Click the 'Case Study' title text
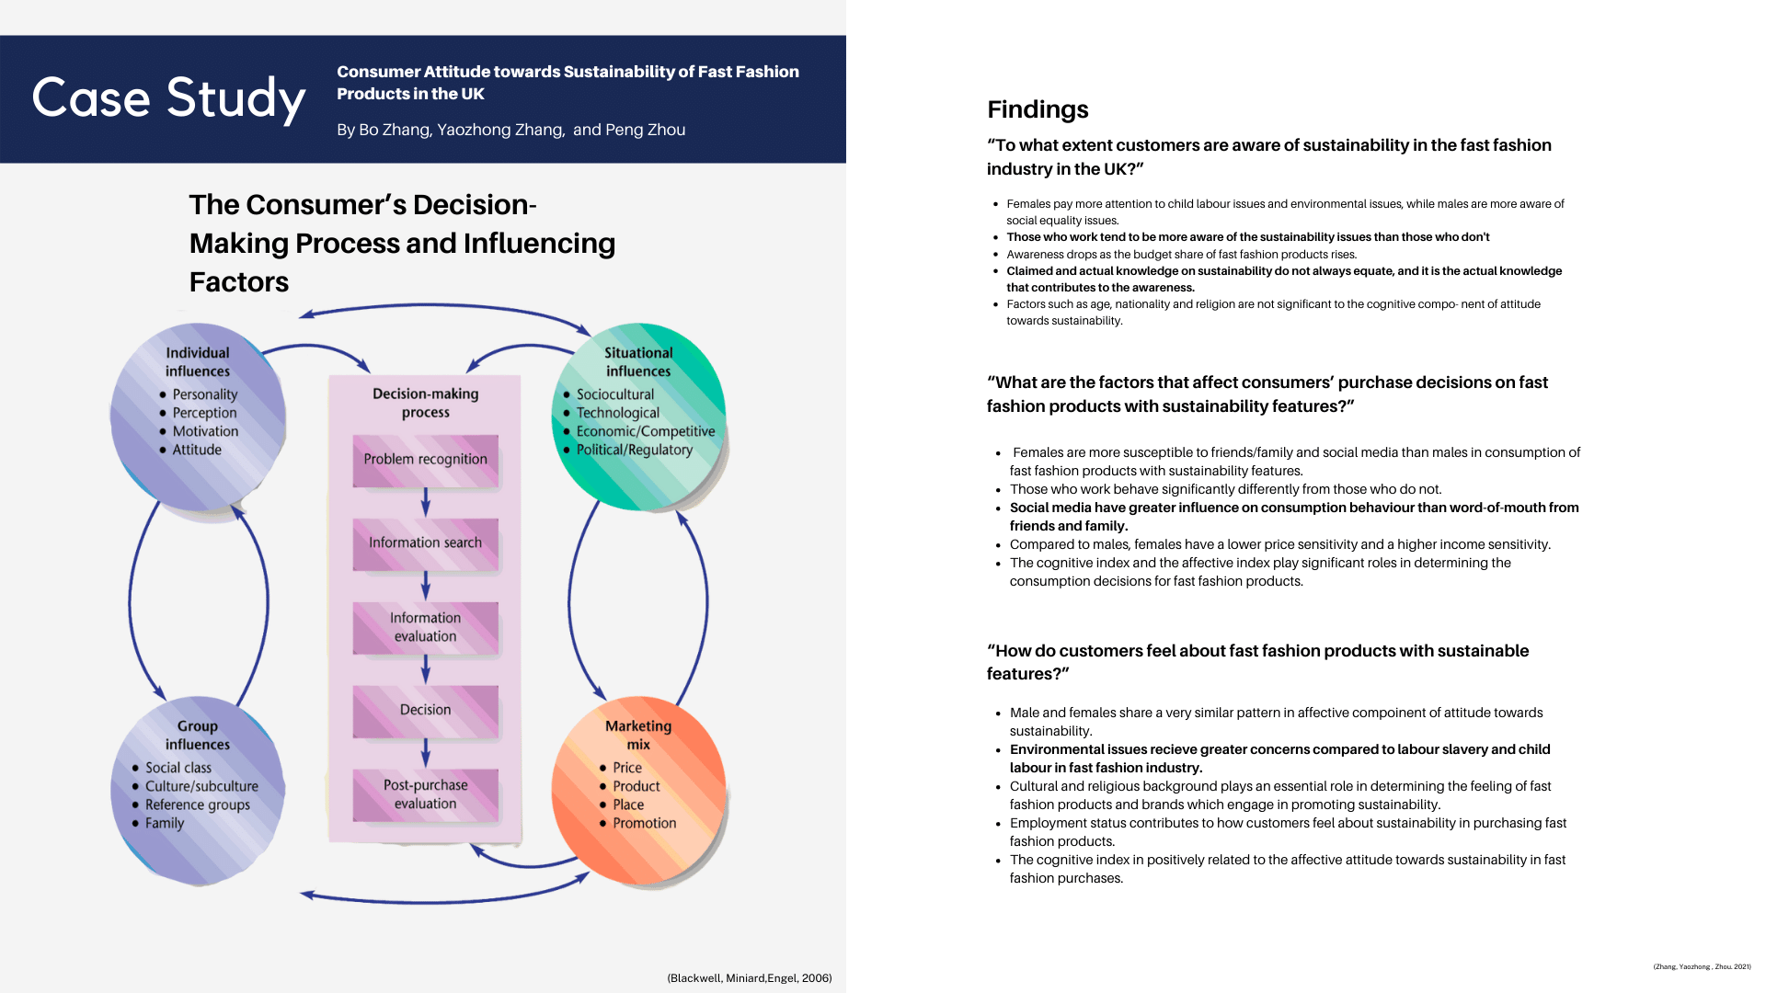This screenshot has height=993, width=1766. [168, 98]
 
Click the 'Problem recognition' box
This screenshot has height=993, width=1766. [426, 461]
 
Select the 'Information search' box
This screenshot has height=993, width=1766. [426, 544]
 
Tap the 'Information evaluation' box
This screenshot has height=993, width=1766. [426, 628]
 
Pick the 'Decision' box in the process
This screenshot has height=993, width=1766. [426, 711]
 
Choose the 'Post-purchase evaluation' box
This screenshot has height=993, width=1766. [426, 794]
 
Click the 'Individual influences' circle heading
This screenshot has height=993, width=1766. [198, 362]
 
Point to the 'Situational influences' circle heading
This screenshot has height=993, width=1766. [638, 362]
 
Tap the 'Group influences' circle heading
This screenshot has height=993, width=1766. [198, 736]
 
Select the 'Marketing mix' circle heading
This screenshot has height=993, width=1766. [638, 736]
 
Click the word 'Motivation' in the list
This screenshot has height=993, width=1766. [205, 431]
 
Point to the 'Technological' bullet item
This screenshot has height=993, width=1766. [618, 413]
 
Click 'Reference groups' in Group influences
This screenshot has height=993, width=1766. [198, 805]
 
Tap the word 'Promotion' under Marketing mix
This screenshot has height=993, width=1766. [645, 823]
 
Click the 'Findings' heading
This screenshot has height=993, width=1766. [1038, 109]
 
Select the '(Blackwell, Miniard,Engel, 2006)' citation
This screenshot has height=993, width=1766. [750, 978]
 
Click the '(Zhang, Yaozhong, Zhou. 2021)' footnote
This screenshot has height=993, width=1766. [1702, 966]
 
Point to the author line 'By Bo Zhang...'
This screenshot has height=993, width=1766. [511, 130]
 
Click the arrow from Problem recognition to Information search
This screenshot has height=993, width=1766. [425, 502]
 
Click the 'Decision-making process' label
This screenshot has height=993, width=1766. [426, 403]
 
